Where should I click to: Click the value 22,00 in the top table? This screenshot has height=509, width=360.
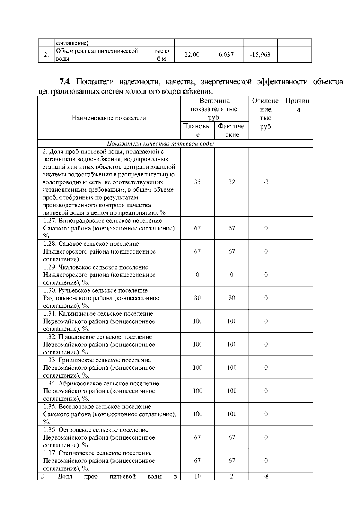pyautogui.click(x=192, y=55)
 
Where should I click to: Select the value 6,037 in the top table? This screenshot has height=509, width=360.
pyautogui.click(x=226, y=55)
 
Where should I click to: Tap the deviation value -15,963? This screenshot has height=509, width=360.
pyautogui.click(x=260, y=55)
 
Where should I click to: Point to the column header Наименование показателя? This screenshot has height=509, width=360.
pyautogui.click(x=109, y=118)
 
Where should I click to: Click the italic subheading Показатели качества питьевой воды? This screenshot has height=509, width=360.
pyautogui.click(x=160, y=143)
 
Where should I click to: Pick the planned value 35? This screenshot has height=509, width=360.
pyautogui.click(x=197, y=182)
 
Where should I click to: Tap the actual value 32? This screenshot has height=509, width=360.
pyautogui.click(x=232, y=182)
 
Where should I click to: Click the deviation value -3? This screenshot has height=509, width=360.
pyautogui.click(x=266, y=182)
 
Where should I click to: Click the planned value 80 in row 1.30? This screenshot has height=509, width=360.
pyautogui.click(x=197, y=298)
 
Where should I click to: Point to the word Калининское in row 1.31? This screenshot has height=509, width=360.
pyautogui.click(x=76, y=314)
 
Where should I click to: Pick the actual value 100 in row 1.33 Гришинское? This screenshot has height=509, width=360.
pyautogui.click(x=232, y=368)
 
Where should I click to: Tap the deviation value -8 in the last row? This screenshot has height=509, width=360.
pyautogui.click(x=266, y=476)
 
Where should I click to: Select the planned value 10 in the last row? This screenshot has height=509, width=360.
pyautogui.click(x=197, y=476)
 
